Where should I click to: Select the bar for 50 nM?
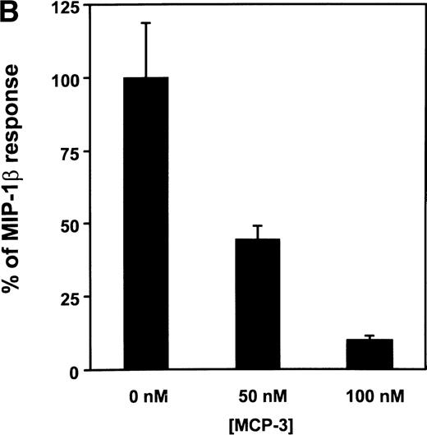[259, 304]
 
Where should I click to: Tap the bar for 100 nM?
[370, 354]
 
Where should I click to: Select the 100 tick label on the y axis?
[68, 79]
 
